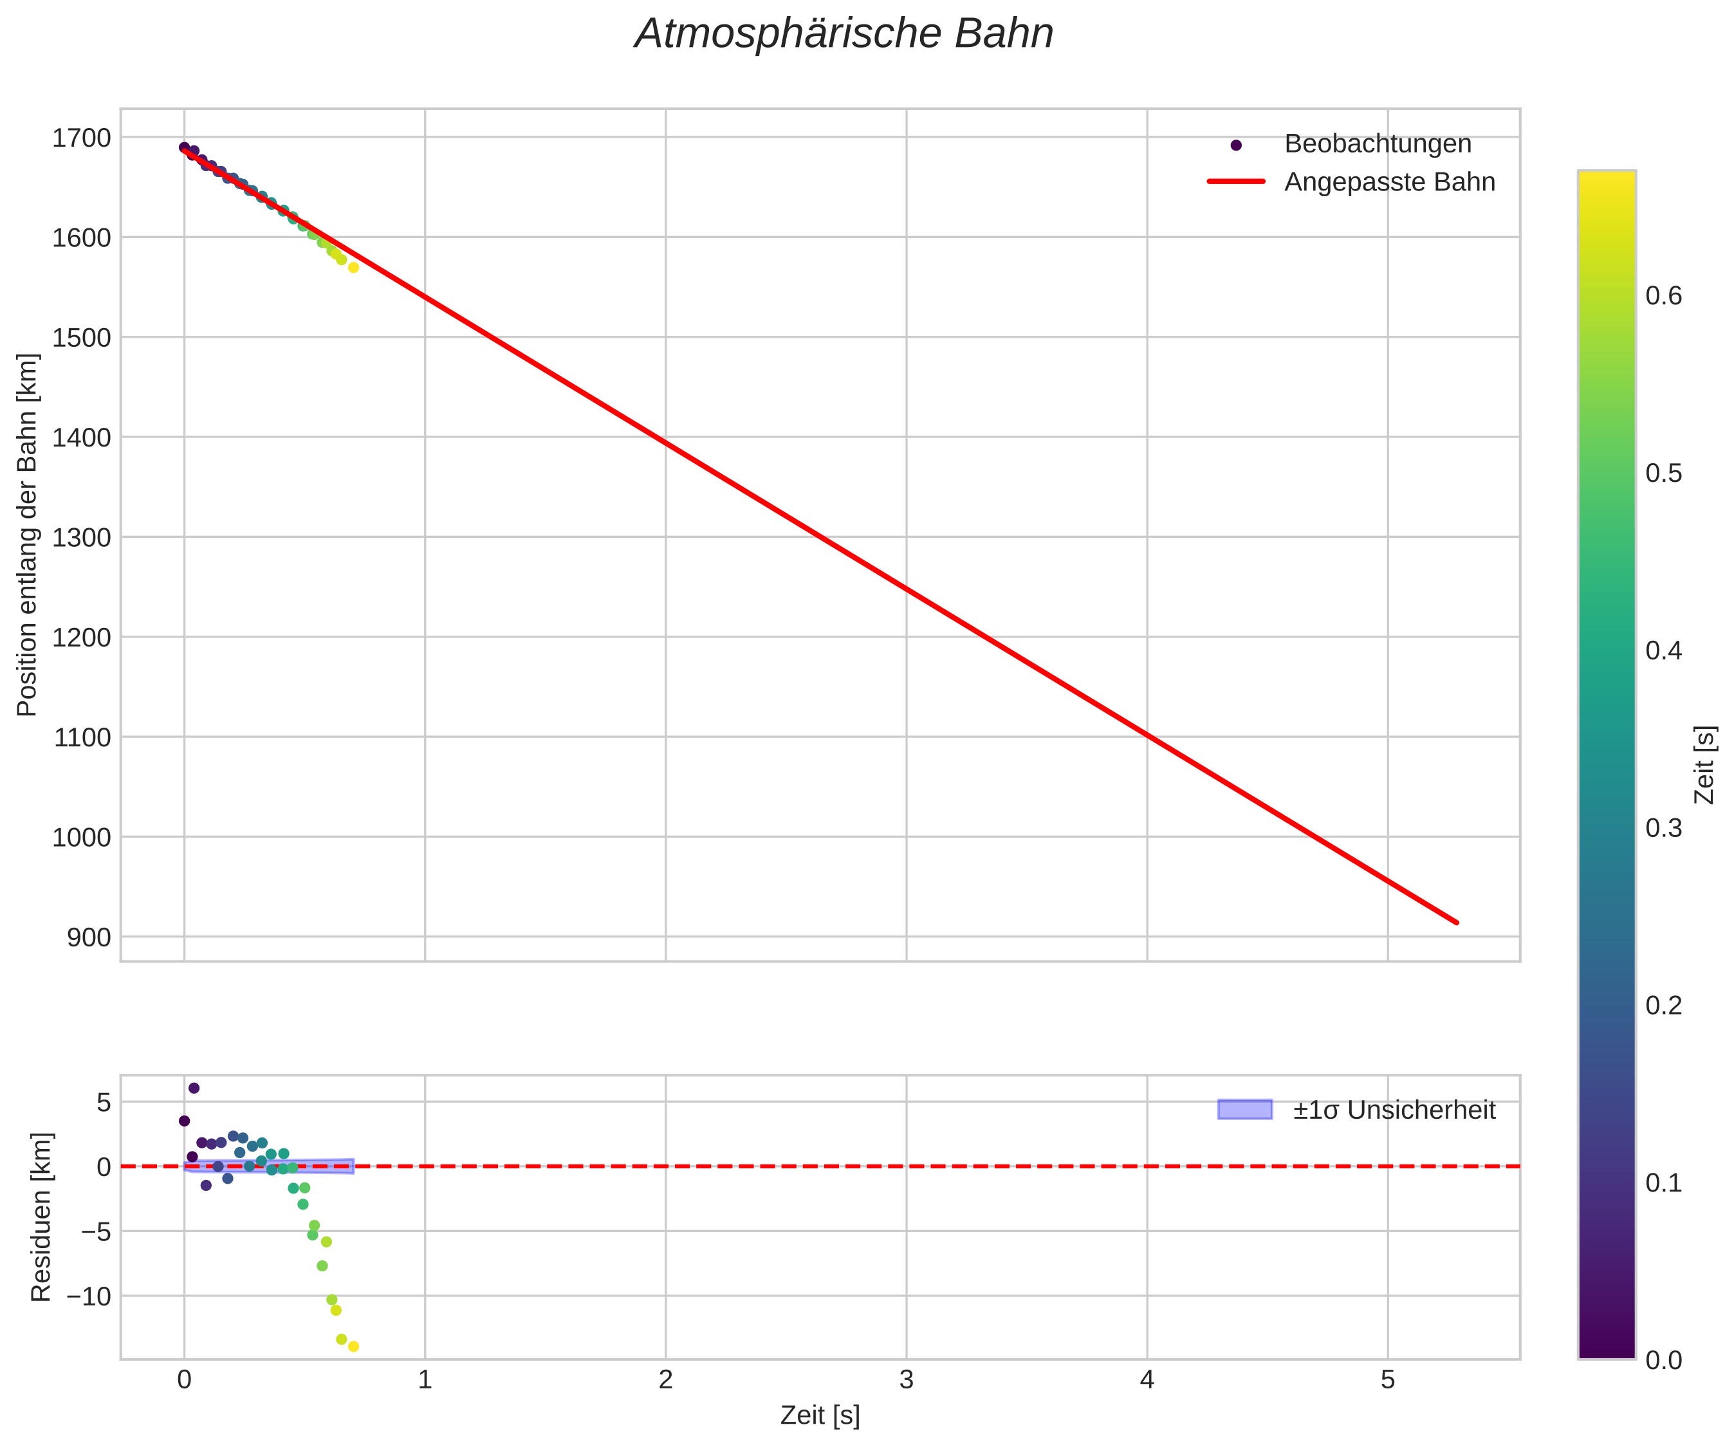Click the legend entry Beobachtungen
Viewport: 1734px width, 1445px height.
[1378, 143]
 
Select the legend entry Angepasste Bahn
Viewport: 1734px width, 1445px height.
[1389, 181]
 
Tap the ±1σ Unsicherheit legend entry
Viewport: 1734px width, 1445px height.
[1394, 1110]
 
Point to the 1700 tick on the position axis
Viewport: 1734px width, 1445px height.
[81, 138]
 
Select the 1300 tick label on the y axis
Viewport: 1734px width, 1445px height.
[81, 538]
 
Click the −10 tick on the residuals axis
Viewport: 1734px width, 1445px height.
[88, 1296]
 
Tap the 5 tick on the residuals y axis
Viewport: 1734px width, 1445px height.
[103, 1102]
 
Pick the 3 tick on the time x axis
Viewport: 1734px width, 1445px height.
[906, 1380]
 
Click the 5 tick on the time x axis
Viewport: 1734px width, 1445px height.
[1387, 1380]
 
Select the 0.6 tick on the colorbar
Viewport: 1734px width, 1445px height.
[1663, 295]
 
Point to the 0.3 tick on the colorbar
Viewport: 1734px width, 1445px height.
[1663, 828]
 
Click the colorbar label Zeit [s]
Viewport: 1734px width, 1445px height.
[1704, 764]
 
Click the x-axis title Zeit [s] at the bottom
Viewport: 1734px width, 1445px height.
[820, 1415]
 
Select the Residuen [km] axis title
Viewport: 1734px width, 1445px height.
[41, 1217]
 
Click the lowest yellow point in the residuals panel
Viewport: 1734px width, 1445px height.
[353, 1347]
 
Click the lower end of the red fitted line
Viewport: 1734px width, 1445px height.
[1457, 923]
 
